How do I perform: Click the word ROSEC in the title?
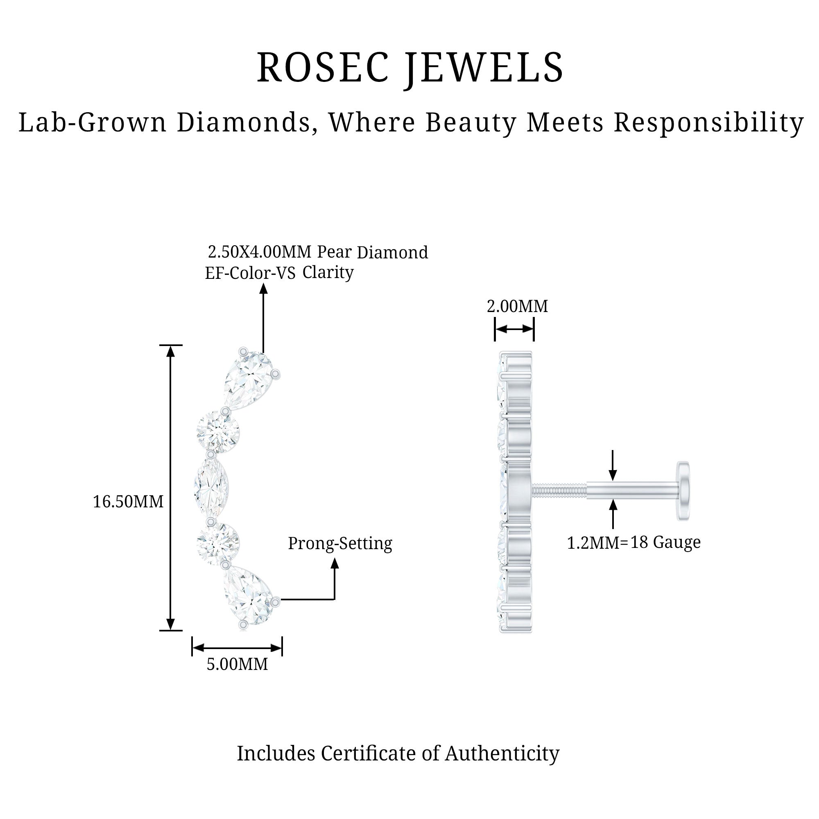pyautogui.click(x=322, y=68)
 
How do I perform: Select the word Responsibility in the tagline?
pyautogui.click(x=708, y=122)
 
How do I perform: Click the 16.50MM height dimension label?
pyautogui.click(x=128, y=502)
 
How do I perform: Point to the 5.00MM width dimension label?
pyautogui.click(x=237, y=664)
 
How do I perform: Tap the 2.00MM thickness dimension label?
pyautogui.click(x=517, y=306)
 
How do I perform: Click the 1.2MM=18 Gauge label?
pyautogui.click(x=634, y=543)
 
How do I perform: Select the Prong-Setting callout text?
pyautogui.click(x=340, y=543)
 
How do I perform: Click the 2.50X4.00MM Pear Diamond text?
pyautogui.click(x=317, y=252)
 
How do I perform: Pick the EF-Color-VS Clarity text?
pyautogui.click(x=279, y=273)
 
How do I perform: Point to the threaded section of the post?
pyautogui.click(x=559, y=491)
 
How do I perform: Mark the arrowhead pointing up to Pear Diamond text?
pyautogui.click(x=264, y=289)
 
